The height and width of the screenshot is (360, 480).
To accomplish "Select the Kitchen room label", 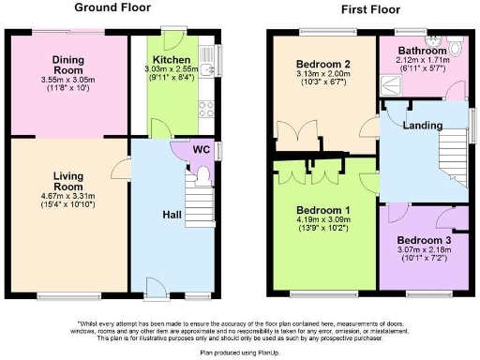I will click(x=172, y=58).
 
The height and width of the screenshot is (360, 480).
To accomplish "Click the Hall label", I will click(x=172, y=215).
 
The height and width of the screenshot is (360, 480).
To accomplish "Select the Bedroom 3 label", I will click(x=424, y=239).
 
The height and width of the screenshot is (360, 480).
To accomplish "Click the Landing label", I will click(x=422, y=126).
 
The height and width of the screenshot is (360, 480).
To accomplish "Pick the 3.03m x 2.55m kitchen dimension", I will click(x=173, y=69).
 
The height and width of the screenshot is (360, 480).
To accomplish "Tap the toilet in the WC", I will click(x=203, y=174).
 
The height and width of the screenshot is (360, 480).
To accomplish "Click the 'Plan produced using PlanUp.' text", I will click(x=239, y=352).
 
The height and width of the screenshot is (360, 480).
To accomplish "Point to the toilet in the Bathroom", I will click(x=455, y=47).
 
